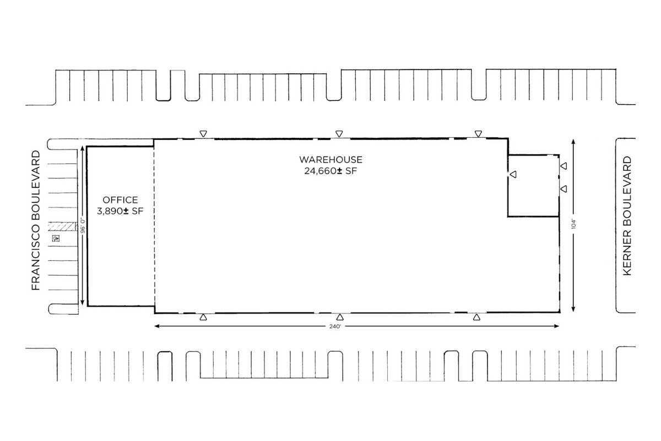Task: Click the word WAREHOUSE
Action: (330, 159)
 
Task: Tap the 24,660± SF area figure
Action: (330, 171)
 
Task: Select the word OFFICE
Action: (120, 200)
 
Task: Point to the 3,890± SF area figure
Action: (120, 211)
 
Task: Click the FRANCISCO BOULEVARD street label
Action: (36, 220)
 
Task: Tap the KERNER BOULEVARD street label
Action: (627, 216)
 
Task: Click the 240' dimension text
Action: (335, 326)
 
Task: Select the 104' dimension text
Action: (573, 224)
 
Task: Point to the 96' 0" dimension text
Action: (83, 225)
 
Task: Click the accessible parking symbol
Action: (56, 238)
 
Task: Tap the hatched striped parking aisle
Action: (63, 227)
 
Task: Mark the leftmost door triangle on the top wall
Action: (203, 134)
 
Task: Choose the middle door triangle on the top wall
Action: (339, 134)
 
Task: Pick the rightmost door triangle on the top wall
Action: (478, 134)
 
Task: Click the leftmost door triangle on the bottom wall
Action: (203, 317)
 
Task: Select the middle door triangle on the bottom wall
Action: (340, 317)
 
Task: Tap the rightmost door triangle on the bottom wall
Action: (476, 317)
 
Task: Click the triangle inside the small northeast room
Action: (513, 174)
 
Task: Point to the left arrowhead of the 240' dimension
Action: (157, 326)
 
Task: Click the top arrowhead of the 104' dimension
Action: (573, 142)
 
